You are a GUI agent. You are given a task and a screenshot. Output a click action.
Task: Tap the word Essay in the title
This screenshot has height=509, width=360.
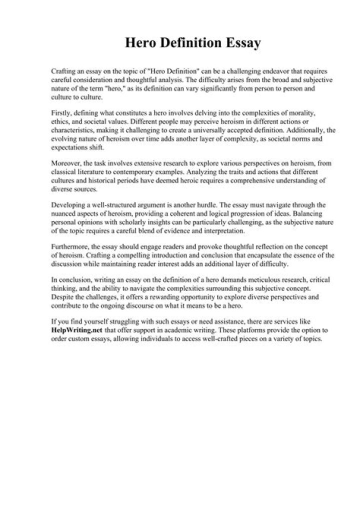click(242, 43)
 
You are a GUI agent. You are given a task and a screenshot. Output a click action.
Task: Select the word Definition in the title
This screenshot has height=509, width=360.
click(190, 43)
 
